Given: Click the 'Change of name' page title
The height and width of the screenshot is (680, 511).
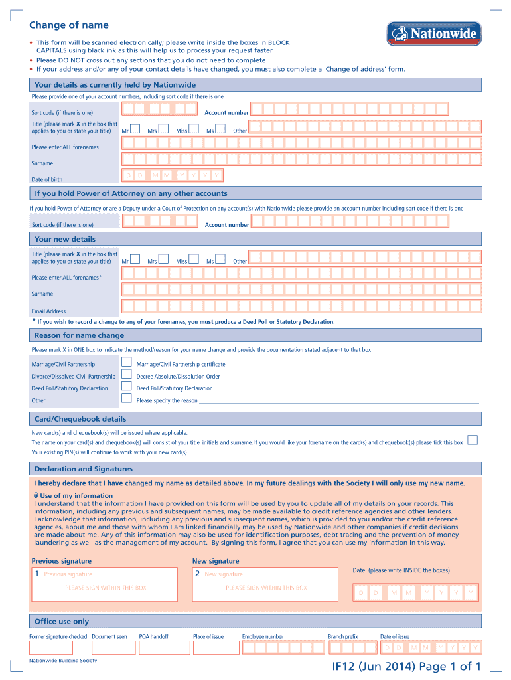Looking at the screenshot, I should coord(68,25).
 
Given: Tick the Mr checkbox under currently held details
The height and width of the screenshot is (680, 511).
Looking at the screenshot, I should coord(135,129).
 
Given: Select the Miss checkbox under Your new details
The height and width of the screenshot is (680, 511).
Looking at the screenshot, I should coord(194,260).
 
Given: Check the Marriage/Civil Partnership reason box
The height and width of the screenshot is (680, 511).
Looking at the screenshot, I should coord(127,363).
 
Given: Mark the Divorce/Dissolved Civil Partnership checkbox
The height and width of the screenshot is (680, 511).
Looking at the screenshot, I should coord(127,375).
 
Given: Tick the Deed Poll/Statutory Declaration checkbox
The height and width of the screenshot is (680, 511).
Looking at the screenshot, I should coord(127,386).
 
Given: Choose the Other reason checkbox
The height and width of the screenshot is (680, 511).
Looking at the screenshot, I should coord(127,398).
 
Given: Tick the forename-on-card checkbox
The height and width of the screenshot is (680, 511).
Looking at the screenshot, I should coord(473,440).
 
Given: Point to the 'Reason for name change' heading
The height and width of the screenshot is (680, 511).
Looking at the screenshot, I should coord(79,335).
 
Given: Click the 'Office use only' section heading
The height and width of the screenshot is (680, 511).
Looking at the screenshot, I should coord(61,621).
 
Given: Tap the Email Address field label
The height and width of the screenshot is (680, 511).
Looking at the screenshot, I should coord(48,311).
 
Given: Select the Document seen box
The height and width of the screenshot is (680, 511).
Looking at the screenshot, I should coord(110,647).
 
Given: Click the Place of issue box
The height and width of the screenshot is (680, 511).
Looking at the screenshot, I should coord(210,647).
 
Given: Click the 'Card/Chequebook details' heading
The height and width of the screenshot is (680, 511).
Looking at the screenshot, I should coord(80,419).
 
